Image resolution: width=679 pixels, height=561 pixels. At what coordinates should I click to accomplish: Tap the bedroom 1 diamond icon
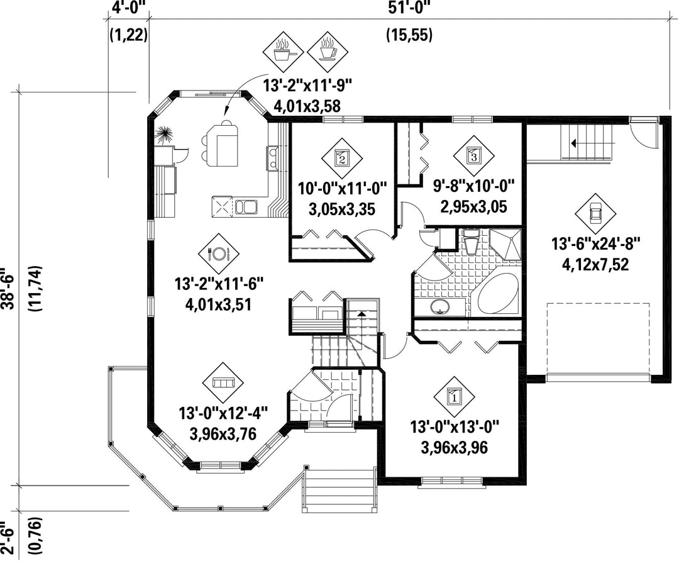pos(455,396)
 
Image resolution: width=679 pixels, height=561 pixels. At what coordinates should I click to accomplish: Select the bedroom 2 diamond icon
pos(341,158)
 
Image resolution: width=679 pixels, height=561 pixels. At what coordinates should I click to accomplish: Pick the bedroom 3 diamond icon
pos(474,156)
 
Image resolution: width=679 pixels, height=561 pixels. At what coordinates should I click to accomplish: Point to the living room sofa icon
pos(223,382)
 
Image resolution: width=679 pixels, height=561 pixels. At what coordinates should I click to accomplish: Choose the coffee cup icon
pos(328,52)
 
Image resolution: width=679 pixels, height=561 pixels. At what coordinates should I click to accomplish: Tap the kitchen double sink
pos(246,206)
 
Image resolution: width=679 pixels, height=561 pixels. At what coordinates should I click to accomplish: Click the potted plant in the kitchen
pos(165,135)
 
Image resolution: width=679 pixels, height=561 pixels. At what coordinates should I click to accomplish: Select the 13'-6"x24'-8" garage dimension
pos(595,243)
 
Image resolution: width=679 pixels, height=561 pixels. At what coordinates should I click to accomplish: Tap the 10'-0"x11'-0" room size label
pos(342,189)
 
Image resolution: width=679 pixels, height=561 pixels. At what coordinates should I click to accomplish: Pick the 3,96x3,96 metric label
pos(455,448)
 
